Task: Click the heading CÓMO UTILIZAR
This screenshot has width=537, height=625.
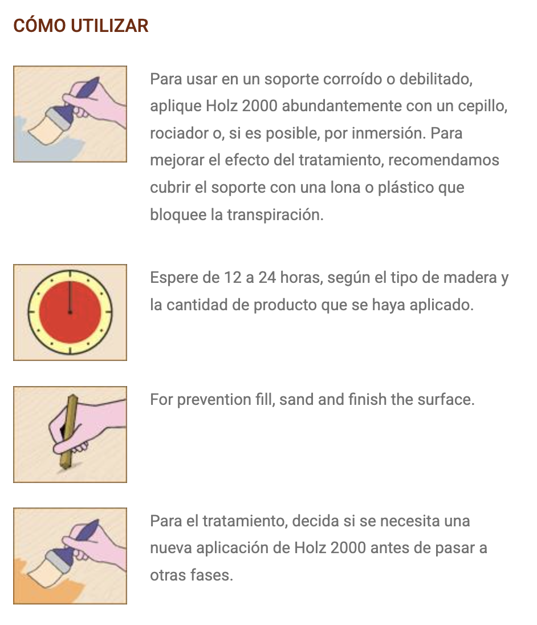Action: point(81,26)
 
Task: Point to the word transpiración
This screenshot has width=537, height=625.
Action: point(275,215)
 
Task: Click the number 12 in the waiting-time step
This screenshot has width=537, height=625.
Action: point(233,277)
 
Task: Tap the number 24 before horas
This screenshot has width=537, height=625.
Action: point(267,277)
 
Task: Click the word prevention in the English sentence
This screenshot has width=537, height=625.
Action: point(214,400)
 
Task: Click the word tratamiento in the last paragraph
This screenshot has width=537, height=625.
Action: point(245,521)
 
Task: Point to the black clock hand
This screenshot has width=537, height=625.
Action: point(70,297)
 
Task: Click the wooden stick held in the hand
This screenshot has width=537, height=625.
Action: point(68,431)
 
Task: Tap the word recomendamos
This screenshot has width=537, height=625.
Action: point(444,160)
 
